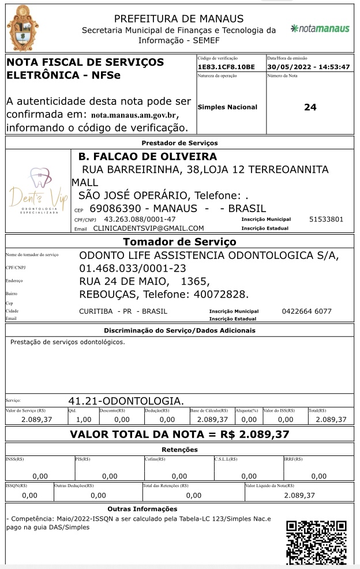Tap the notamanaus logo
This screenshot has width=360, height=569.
click(x=320, y=28)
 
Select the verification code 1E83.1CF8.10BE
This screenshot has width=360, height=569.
click(x=226, y=67)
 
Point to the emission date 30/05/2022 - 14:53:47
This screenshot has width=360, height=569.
click(x=309, y=67)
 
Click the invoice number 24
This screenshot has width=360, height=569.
click(x=310, y=107)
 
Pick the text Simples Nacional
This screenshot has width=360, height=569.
click(x=227, y=107)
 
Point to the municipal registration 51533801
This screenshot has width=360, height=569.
click(x=326, y=219)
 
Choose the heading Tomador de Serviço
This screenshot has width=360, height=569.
click(x=179, y=242)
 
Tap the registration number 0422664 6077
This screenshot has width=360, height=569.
click(x=306, y=311)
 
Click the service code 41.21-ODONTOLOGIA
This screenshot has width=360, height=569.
click(x=126, y=401)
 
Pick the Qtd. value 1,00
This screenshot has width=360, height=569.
click(x=84, y=420)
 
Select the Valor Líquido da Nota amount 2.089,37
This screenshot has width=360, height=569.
click(x=299, y=495)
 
